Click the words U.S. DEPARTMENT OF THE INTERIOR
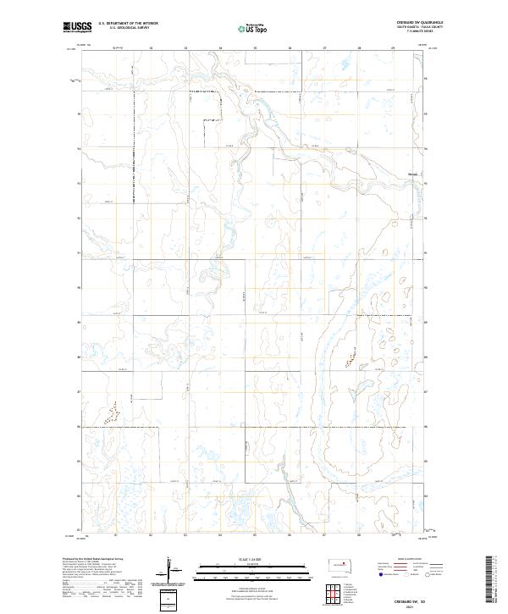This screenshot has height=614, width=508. pyautogui.click(x=128, y=24)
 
